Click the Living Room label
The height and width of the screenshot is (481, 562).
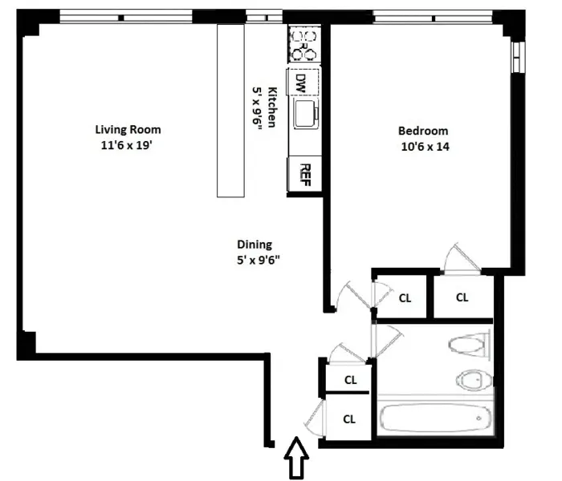128,130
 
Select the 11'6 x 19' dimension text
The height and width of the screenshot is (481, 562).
128,145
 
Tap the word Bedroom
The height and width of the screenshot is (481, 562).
423,131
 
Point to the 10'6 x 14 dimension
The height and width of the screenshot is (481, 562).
423,147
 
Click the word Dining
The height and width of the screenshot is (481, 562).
254,245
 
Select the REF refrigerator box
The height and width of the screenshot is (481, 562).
304,173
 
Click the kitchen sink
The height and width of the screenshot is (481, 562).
306,115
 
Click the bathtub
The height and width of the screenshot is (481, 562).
434,418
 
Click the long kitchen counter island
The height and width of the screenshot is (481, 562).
231,109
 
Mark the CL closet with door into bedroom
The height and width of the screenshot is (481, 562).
462,297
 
